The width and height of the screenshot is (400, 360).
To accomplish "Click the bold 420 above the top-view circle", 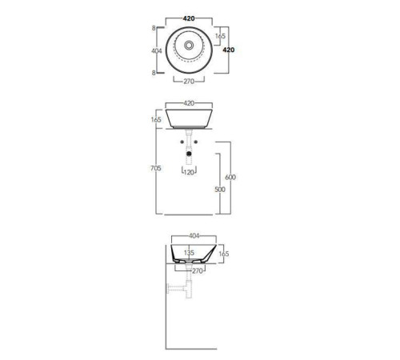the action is (189, 18).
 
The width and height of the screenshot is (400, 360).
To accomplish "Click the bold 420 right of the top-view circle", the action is (229, 50).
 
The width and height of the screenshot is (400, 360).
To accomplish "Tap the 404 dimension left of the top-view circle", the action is (157, 50).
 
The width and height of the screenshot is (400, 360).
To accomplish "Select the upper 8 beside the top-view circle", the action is (154, 28).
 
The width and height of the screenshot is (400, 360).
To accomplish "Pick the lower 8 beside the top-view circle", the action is (154, 73).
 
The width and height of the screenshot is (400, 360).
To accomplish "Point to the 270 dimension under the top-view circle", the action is (189, 82).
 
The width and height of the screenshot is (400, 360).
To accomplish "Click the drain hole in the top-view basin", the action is (189, 45).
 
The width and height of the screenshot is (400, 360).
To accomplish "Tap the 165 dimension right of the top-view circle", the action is (220, 36).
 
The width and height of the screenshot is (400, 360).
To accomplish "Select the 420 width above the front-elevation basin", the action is (189, 103).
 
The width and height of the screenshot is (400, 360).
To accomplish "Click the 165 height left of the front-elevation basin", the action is (156, 119).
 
